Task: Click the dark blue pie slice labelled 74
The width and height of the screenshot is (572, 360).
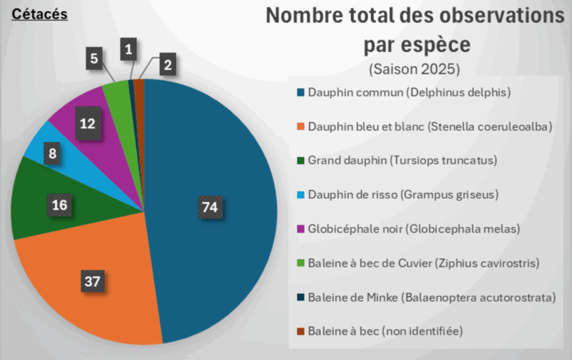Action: tap(223, 167)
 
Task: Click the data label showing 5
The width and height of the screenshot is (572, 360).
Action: tap(94, 58)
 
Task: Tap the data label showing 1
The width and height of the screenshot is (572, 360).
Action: tap(129, 50)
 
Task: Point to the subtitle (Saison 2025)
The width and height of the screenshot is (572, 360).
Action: tap(414, 70)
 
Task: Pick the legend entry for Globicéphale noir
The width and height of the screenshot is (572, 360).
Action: tap(414, 229)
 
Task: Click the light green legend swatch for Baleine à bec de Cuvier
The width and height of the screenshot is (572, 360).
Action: tap(301, 263)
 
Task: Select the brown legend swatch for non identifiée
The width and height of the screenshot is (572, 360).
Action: tap(301, 332)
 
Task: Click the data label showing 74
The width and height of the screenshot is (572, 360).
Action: tap(209, 208)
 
